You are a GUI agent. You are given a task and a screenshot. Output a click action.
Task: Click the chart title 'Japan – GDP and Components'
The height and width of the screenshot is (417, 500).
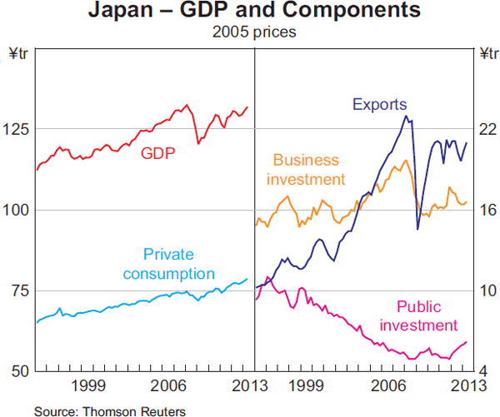tap(251, 12)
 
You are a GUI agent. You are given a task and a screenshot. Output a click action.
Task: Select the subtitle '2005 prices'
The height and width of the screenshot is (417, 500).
tap(251, 33)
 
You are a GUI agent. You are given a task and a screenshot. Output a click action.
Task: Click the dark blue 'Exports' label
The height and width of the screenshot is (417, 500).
tap(379, 105)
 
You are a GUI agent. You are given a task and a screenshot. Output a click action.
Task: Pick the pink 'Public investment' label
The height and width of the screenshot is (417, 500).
tap(427, 315)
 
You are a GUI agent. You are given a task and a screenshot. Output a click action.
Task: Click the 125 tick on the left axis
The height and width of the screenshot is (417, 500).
tap(19, 129)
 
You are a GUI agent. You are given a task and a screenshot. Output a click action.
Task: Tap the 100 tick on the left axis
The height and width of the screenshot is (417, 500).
tap(19, 210)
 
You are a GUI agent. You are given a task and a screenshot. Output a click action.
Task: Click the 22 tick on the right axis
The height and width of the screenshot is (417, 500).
tap(484, 129)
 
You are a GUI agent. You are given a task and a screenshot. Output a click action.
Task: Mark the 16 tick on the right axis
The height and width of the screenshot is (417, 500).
tap(484, 210)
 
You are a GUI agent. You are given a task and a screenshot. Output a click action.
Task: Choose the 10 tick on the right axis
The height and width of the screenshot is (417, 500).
tap(484, 290)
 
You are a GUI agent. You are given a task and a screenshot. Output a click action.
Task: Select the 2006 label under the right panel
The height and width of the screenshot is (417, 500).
tap(387, 385)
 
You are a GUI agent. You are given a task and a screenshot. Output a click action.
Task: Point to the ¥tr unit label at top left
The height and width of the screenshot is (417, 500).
tap(18, 54)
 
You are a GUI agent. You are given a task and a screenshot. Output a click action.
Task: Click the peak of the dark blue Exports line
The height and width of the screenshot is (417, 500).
tap(406, 116)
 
